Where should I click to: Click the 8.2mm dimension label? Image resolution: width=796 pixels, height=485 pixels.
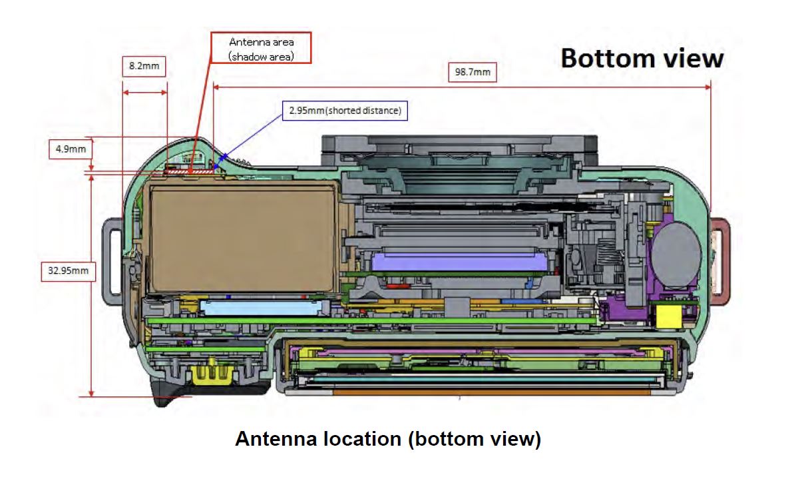click(x=144, y=66)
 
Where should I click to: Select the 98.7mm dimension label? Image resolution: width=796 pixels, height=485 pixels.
click(x=473, y=72)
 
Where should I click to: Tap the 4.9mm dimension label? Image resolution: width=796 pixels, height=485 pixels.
click(x=71, y=149)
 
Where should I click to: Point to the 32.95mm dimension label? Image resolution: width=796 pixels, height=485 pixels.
click(x=68, y=270)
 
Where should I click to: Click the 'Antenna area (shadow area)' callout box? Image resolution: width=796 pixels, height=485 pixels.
click(x=261, y=48)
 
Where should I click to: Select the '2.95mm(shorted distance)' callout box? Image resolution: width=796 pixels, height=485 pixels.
click(x=345, y=111)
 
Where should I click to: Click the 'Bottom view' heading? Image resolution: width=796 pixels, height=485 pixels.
click(x=642, y=58)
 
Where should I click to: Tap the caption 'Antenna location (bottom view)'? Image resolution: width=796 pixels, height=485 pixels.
click(x=389, y=439)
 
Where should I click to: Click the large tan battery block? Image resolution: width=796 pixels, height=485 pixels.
click(x=243, y=238)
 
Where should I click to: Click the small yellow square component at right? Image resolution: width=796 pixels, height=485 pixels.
click(x=669, y=316)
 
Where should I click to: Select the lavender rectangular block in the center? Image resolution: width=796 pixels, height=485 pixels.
click(x=459, y=262)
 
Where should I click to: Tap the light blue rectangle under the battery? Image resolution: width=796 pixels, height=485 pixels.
click(x=260, y=306)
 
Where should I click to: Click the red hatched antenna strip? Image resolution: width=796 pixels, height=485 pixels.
click(x=190, y=173)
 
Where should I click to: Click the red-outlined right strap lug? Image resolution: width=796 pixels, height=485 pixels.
click(x=719, y=260)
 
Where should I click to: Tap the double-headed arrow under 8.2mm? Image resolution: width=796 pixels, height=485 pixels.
click(x=144, y=93)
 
